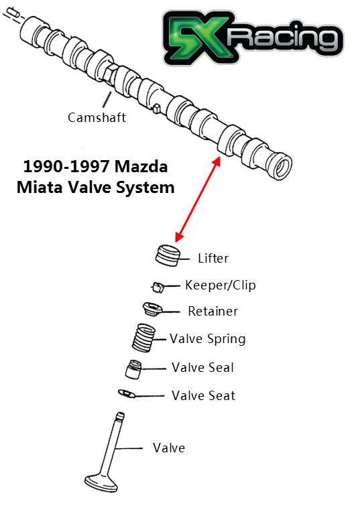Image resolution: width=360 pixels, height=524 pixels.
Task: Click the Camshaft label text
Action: pyautogui.click(x=97, y=117)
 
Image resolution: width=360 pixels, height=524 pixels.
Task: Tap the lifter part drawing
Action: pyautogui.click(x=168, y=255)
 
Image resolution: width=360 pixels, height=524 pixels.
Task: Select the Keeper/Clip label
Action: pyautogui.click(x=220, y=285)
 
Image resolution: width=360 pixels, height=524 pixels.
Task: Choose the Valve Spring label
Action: pyautogui.click(x=207, y=338)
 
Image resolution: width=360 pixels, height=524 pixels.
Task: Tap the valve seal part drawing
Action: pyautogui.click(x=134, y=369)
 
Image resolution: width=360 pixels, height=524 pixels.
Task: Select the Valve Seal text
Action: pyautogui.click(x=202, y=367)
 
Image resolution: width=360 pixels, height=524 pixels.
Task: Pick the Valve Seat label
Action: pyautogui.click(x=203, y=395)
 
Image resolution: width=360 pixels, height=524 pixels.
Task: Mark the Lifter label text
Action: pyautogui.click(x=213, y=257)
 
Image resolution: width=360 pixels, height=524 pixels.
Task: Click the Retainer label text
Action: pyautogui.click(x=213, y=311)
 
